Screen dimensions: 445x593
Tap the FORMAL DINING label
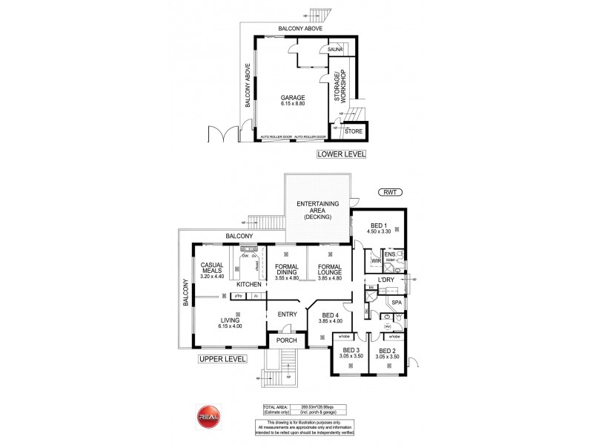tap(285, 269)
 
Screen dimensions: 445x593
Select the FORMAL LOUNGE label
tap(329, 269)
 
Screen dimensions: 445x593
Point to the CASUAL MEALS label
tap(212, 269)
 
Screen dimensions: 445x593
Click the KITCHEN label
tap(248, 284)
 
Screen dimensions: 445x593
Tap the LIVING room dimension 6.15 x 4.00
tap(229, 325)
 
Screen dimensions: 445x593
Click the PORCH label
tap(285, 340)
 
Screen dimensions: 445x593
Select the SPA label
tap(397, 303)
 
